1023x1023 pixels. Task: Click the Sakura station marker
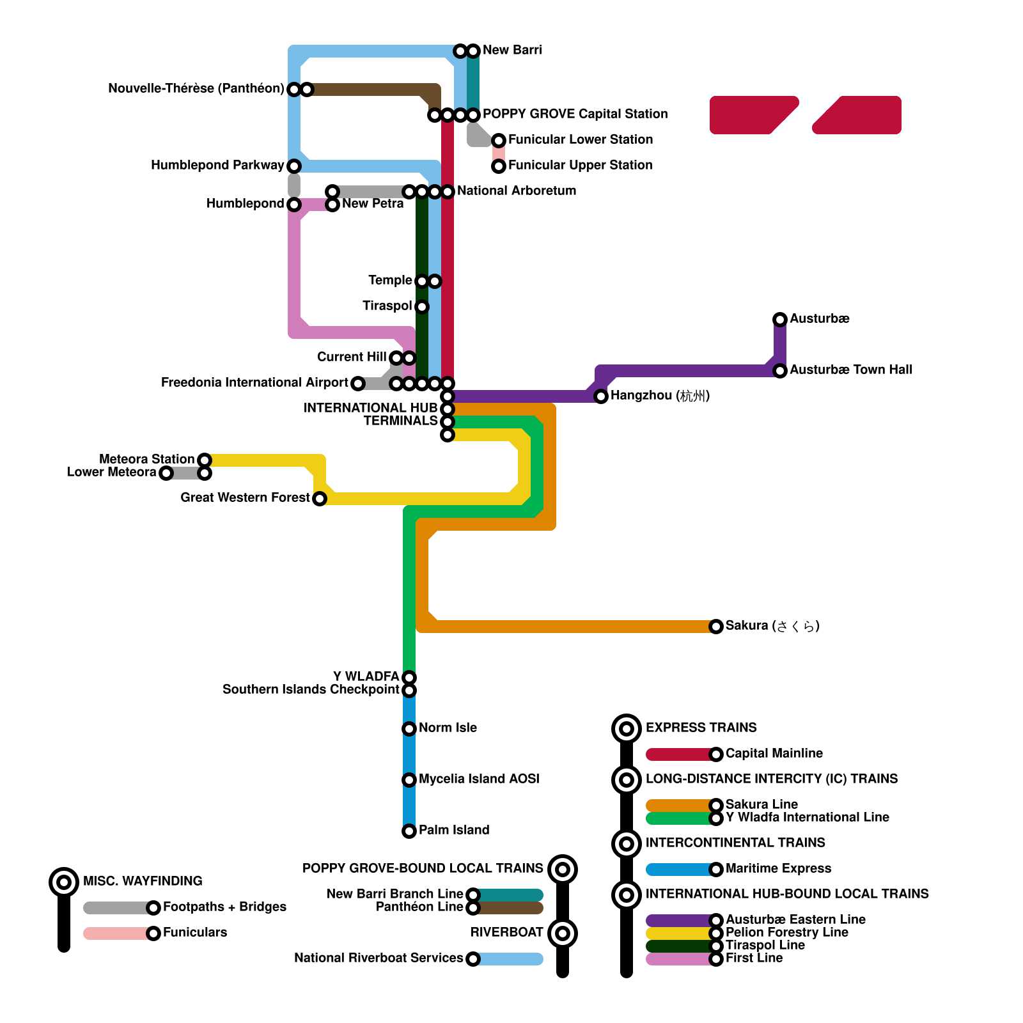(716, 627)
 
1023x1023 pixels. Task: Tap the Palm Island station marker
(409, 831)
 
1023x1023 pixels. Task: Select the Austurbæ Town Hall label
(850, 370)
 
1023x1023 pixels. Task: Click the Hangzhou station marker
(601, 396)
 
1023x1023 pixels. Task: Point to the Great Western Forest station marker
(320, 499)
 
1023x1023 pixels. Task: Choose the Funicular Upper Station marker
(499, 166)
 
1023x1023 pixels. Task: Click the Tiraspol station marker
(422, 307)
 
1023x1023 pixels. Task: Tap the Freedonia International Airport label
(254, 383)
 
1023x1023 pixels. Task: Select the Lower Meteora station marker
(166, 473)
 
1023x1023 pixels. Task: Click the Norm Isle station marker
(409, 729)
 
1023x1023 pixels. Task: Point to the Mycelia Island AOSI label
(479, 779)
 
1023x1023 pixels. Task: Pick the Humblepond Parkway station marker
(294, 166)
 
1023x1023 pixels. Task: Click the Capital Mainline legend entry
(774, 754)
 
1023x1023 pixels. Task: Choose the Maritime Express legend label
(778, 869)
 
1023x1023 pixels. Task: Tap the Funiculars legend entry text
(194, 933)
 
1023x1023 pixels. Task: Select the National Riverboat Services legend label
(379, 958)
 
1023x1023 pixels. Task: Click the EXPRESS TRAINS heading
(701, 728)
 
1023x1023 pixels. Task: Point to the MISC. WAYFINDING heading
(143, 882)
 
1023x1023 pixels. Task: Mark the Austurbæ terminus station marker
(780, 320)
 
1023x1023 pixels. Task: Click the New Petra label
(373, 204)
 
